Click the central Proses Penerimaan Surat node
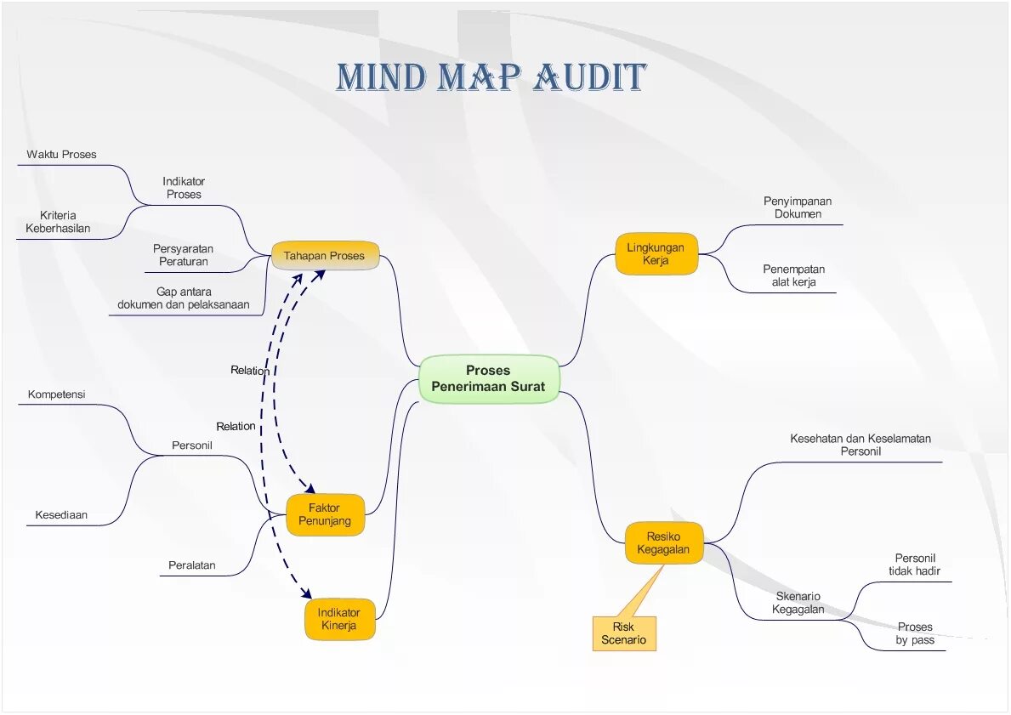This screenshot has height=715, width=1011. tap(488, 378)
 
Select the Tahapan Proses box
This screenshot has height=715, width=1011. tap(324, 256)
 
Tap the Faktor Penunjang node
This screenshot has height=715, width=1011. tap(325, 514)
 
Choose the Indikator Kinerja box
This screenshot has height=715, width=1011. tap(339, 619)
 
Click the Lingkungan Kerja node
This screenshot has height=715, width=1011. tap(656, 254)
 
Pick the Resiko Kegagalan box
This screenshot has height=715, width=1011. tap(663, 542)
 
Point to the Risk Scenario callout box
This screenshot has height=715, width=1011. tap(623, 633)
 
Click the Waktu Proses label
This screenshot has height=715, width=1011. tap(61, 155)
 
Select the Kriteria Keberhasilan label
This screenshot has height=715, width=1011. tap(58, 222)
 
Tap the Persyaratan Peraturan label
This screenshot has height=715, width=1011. tap(183, 255)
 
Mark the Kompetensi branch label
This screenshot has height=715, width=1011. tap(56, 394)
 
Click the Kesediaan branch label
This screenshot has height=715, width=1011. tap(61, 515)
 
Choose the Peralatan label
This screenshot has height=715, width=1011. tap(191, 565)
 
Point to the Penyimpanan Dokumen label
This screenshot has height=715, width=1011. tap(798, 207)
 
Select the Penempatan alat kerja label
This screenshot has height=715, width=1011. tap(793, 275)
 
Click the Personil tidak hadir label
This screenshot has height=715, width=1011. tap(914, 565)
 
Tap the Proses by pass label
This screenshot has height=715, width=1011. tap(914, 633)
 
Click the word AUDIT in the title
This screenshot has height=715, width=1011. tap(590, 77)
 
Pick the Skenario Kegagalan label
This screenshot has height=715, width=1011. tap(798, 602)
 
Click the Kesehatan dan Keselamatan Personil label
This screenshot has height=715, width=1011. tap(860, 445)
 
